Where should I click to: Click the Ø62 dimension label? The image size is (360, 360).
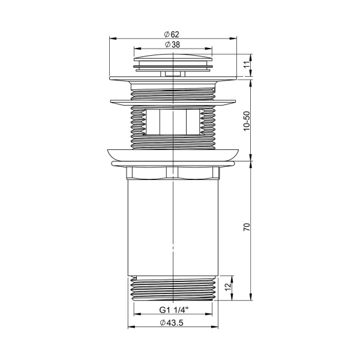click(173, 35)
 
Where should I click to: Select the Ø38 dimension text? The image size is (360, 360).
click(173, 44)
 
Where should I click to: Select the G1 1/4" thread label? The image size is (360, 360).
click(173, 310)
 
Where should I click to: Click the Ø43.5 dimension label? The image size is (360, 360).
click(173, 324)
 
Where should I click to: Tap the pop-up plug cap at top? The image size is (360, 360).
click(173, 61)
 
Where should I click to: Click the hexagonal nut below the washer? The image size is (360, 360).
click(173, 174)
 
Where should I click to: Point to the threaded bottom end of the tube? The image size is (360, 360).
click(173, 288)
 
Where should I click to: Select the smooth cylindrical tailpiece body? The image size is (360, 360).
click(173, 228)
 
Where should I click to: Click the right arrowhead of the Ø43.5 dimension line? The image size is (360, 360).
click(217, 328)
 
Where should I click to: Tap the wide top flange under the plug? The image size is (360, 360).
click(173, 77)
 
